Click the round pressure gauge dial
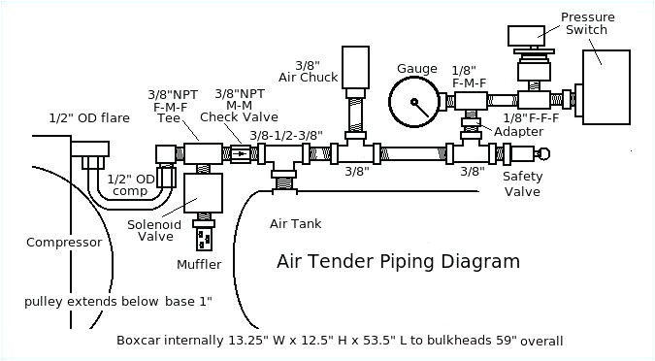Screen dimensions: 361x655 point(415,102)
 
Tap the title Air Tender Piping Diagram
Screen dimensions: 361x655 point(398,261)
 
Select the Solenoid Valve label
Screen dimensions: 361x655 point(153,230)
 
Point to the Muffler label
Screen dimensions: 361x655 point(199,264)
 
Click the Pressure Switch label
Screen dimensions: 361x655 point(584,22)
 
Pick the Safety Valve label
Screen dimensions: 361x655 point(522,183)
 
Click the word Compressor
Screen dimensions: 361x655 point(63,243)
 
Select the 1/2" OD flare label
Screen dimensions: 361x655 point(89,118)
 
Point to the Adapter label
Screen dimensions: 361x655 point(518,132)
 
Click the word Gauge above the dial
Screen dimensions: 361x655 point(416,69)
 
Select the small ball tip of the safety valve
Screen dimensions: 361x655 point(544,153)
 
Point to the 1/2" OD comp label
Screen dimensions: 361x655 point(130,184)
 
